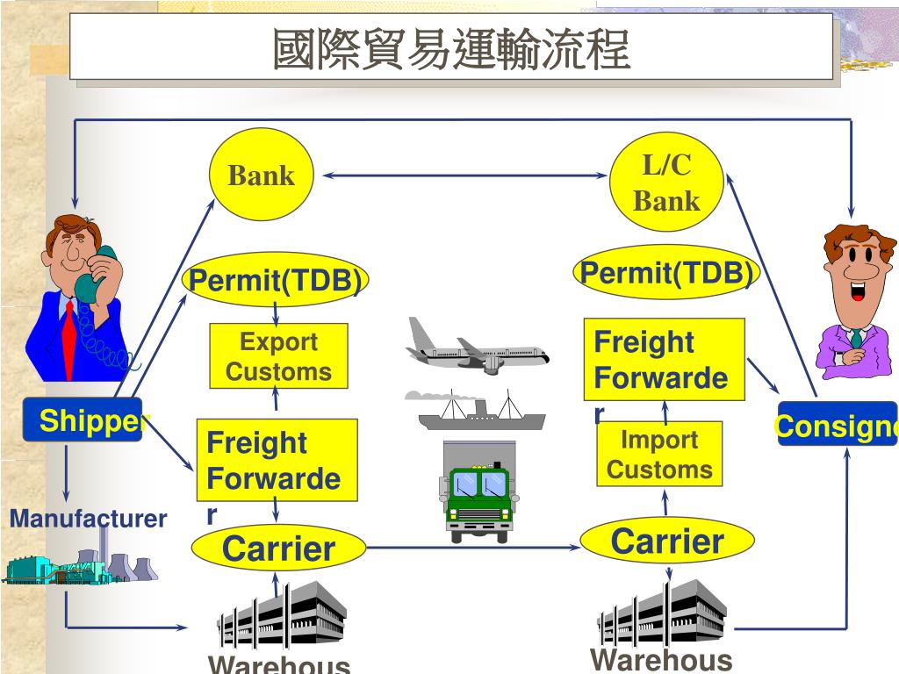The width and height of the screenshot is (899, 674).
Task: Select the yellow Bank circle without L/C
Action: tap(261, 175)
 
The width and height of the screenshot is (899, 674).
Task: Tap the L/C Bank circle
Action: tap(666, 182)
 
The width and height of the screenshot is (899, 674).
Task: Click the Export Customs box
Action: tap(278, 356)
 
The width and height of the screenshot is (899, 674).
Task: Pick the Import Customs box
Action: tap(659, 455)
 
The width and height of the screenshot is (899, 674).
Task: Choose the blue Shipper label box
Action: tap(83, 420)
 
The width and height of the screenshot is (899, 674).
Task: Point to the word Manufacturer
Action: tap(88, 519)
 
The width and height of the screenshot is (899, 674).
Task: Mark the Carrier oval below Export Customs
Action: tap(278, 549)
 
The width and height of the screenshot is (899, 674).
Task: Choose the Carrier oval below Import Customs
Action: tap(667, 541)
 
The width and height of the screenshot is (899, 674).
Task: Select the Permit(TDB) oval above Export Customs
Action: tap(276, 281)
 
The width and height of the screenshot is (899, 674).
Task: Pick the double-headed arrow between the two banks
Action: tap(464, 176)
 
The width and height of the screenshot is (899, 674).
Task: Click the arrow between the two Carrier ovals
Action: tap(474, 548)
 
